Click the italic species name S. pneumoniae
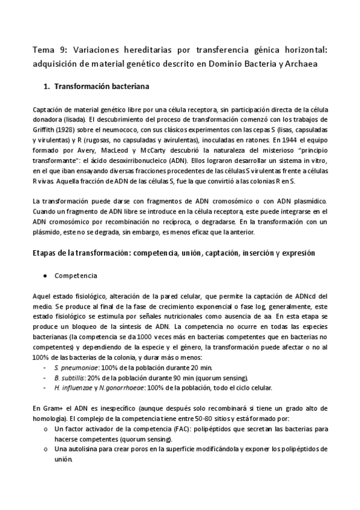[x=74, y=368]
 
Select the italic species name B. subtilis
[x=69, y=378]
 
